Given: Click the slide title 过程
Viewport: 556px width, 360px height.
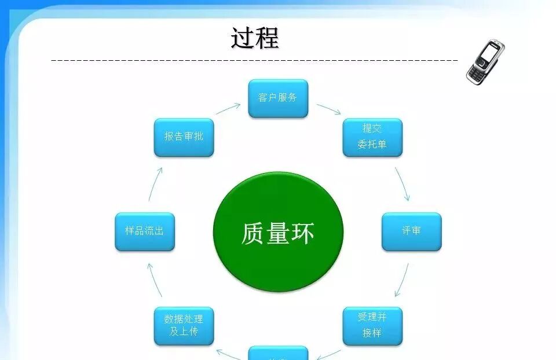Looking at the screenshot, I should (255, 38).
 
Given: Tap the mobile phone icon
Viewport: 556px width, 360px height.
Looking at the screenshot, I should (485, 63).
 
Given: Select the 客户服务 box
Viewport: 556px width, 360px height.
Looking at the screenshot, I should (278, 98).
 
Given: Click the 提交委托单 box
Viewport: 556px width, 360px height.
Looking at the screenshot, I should (372, 137).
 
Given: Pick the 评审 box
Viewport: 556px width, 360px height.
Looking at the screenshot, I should (411, 232).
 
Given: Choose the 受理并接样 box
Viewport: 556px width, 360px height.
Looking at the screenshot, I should (372, 326).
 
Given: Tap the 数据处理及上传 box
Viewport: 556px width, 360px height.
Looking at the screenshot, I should (184, 326).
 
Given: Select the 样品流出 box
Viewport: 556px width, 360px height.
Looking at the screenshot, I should (145, 232).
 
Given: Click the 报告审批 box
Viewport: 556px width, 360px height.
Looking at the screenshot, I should (184, 137).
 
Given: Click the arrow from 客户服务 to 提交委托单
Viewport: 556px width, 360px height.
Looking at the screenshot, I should (329, 109).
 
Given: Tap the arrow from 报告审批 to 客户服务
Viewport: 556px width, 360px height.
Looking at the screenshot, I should (228, 109).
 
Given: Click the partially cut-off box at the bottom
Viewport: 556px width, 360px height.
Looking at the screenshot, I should (278, 354).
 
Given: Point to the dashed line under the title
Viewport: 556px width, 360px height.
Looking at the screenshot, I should (255, 60).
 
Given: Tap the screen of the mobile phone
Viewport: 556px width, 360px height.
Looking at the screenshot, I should (489, 54).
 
